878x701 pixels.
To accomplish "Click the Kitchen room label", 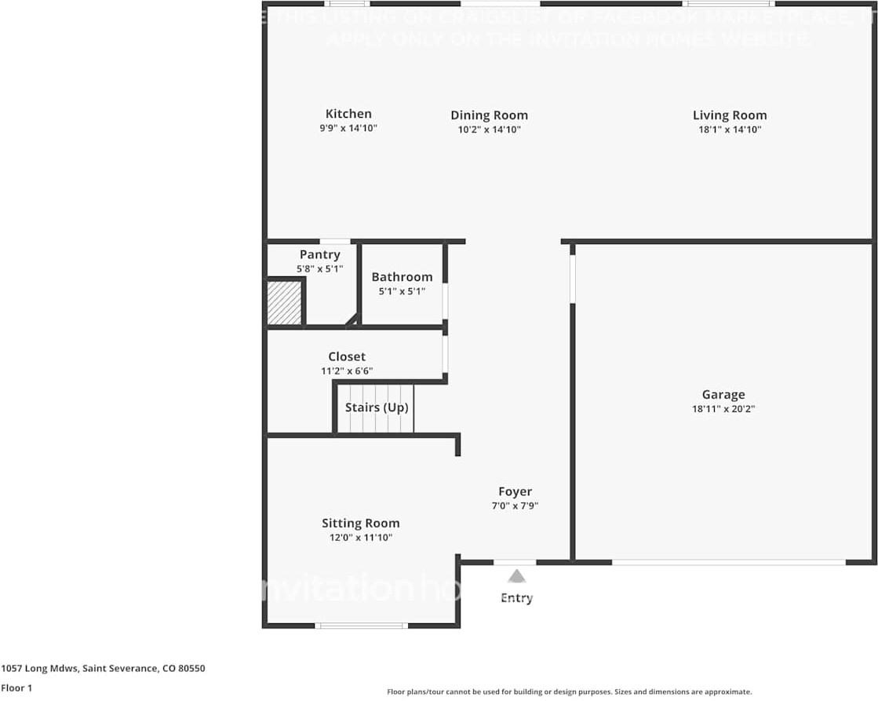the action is click(348, 114).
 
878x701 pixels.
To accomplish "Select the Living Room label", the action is click(729, 115).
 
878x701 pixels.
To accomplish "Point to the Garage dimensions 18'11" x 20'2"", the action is click(723, 409).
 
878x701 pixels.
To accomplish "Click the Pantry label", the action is click(319, 254).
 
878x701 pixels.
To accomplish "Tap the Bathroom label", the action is click(402, 276).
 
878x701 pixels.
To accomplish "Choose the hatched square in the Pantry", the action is click(284, 303).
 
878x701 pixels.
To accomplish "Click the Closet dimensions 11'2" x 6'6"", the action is click(347, 371).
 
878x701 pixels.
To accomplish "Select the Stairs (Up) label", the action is click(377, 407).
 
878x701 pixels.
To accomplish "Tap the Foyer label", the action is click(515, 492).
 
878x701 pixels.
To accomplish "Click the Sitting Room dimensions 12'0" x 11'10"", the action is click(360, 538).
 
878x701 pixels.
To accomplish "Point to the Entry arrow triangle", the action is click(516, 576).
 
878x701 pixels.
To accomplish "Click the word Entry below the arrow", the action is click(516, 598).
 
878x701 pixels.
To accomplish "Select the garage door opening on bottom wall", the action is click(728, 562).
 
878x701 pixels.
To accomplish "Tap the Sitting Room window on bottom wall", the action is click(361, 626).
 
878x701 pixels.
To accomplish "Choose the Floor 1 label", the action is click(16, 688).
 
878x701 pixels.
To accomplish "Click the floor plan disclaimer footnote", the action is click(569, 692).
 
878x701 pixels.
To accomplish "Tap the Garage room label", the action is click(723, 395).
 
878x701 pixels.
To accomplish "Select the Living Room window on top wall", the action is click(729, 4).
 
